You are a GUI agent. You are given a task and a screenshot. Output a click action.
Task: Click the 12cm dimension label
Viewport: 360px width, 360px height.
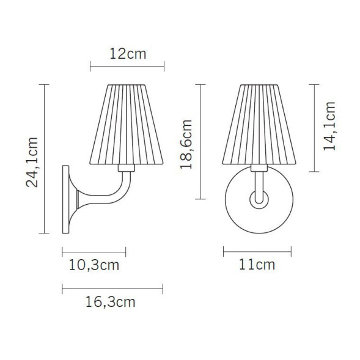[128, 53]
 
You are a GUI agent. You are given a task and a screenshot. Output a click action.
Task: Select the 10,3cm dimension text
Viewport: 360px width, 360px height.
[94, 265]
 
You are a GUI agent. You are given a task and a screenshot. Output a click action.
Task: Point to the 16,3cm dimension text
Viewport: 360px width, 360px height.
[110, 302]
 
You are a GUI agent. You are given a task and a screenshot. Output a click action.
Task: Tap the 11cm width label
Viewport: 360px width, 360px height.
[257, 265]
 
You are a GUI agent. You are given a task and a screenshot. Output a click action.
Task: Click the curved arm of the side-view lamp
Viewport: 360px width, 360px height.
[120, 194]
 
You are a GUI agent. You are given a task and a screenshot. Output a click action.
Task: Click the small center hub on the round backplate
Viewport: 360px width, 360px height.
[258, 199]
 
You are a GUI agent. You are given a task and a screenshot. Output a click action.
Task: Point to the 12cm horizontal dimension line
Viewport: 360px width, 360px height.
[127, 65]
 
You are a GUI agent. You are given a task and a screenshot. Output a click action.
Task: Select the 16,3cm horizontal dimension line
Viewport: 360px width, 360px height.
[112, 288]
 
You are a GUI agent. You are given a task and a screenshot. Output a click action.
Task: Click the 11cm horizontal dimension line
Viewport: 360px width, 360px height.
[257, 251]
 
